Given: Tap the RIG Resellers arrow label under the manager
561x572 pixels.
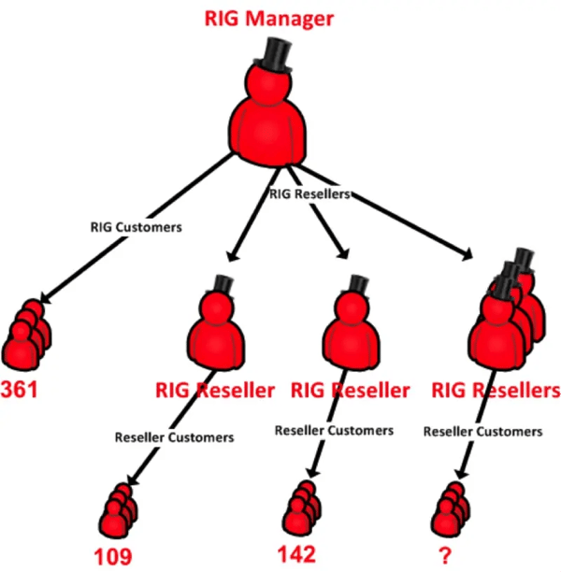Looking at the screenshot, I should (x=309, y=194).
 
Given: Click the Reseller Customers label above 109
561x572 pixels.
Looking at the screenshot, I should (x=174, y=436).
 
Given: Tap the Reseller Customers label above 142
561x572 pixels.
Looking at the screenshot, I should (x=334, y=430).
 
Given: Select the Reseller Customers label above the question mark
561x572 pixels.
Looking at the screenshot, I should (x=482, y=431).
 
